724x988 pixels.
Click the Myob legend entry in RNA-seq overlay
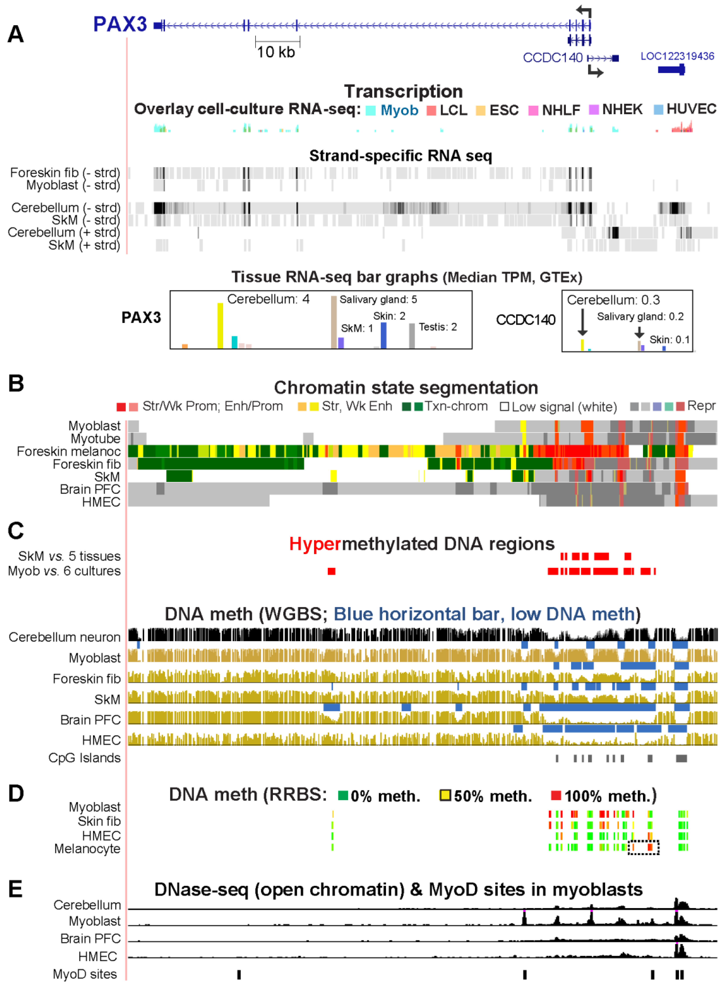click(399, 110)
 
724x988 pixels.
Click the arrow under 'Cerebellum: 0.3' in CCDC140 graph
click(582, 322)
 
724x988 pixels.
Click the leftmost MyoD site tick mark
click(239, 974)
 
